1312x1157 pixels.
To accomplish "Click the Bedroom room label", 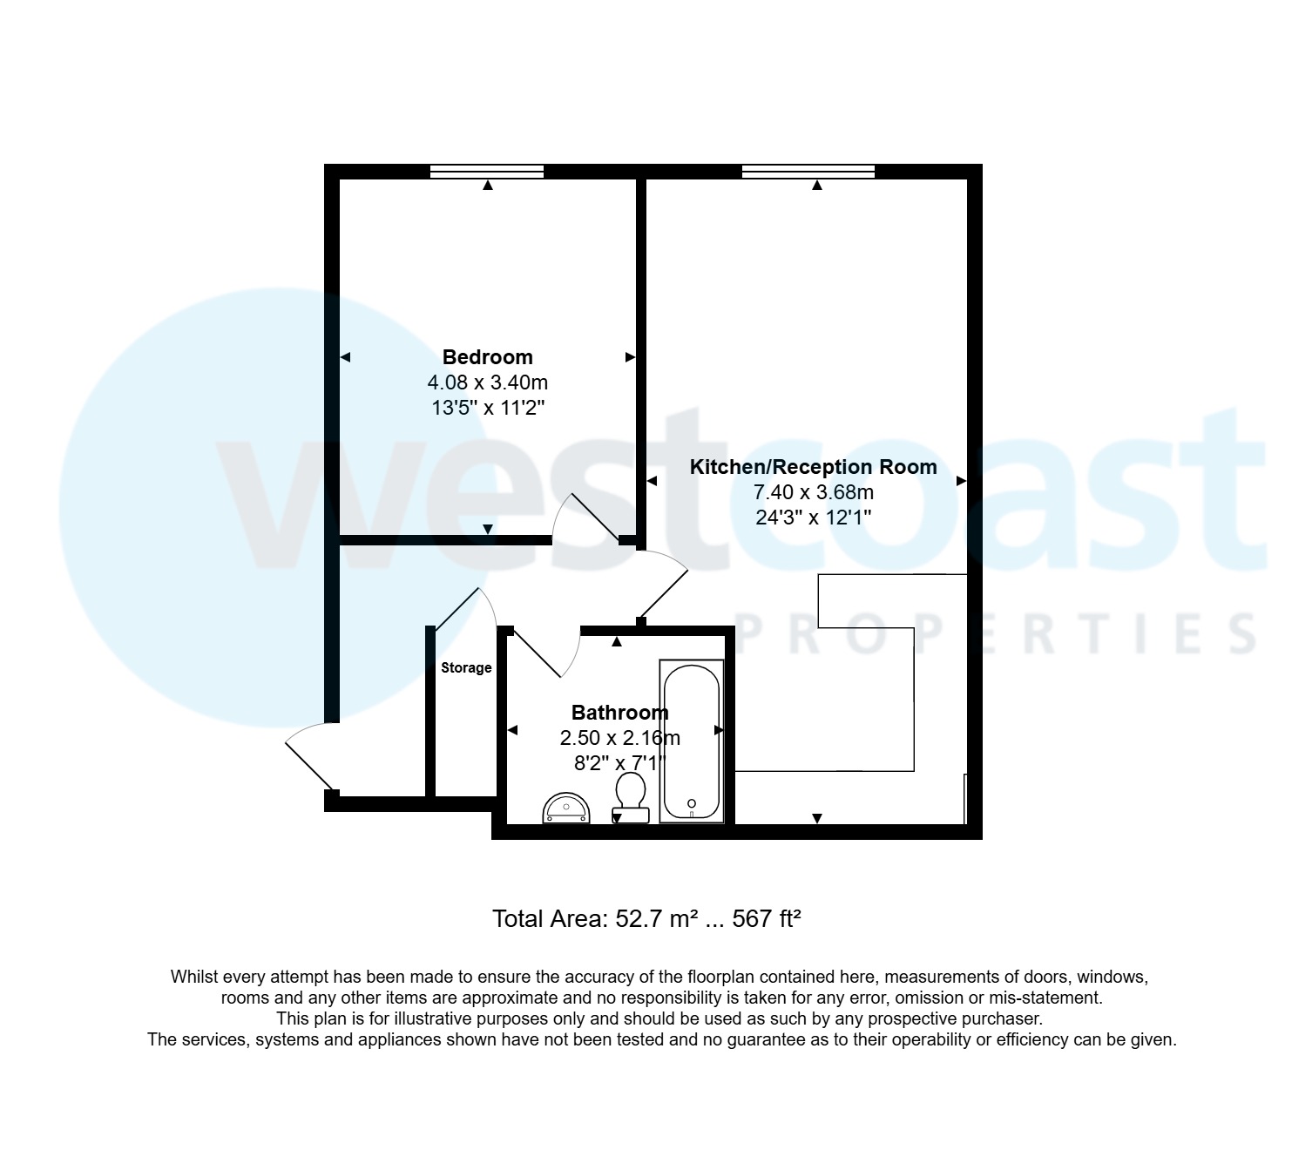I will tap(487, 357).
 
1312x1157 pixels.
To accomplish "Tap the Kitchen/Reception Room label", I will tap(813, 467).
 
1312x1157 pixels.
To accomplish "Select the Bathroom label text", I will tap(619, 713).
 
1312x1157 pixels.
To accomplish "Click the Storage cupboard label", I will tap(466, 668).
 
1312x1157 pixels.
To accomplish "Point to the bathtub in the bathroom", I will tap(692, 741).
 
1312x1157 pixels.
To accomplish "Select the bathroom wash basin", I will tap(566, 809).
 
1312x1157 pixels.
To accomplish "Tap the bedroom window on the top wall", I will tap(487, 172).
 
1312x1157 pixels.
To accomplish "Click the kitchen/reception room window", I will tap(808, 172).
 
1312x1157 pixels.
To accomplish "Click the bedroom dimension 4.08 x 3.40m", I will tap(487, 382).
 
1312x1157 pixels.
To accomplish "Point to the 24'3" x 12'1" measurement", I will tap(813, 518).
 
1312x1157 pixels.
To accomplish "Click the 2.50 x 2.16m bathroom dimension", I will tap(619, 738).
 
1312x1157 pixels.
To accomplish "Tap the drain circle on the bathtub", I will tap(692, 803).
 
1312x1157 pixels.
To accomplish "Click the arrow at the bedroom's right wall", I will tap(630, 357).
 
